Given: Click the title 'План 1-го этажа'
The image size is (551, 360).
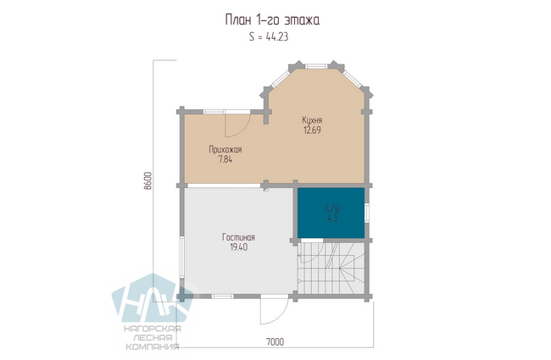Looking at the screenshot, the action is click(272, 20).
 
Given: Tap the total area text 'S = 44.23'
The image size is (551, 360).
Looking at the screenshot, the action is click(269, 36).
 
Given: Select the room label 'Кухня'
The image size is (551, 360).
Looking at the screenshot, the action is click(312, 120).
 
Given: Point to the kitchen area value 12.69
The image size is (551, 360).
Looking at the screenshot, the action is click(312, 130).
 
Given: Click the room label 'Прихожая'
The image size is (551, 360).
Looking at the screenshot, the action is click(225, 150).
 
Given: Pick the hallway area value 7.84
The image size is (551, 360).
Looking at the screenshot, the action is click(225, 159).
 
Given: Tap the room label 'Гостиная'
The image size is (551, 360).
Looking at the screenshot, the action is click(238, 237).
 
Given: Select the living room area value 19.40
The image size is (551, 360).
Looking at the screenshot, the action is click(238, 247).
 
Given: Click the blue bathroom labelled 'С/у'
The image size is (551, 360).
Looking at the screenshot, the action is click(331, 213).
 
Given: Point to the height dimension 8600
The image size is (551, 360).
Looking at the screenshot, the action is click(147, 181).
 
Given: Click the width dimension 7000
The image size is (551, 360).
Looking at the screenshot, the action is click(275, 341).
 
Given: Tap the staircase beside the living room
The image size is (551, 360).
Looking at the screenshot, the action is click(331, 268).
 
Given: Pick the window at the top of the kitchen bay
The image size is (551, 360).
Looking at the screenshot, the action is click(316, 66).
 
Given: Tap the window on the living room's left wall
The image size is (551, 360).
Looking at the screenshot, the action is click(182, 258).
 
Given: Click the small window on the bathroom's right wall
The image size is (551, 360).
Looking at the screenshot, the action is click(367, 213).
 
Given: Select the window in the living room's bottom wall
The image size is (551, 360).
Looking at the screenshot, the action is click(223, 296).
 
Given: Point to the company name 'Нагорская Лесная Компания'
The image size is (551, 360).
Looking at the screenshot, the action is click(153, 338).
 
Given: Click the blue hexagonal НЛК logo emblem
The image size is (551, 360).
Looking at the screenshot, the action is click(152, 298).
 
